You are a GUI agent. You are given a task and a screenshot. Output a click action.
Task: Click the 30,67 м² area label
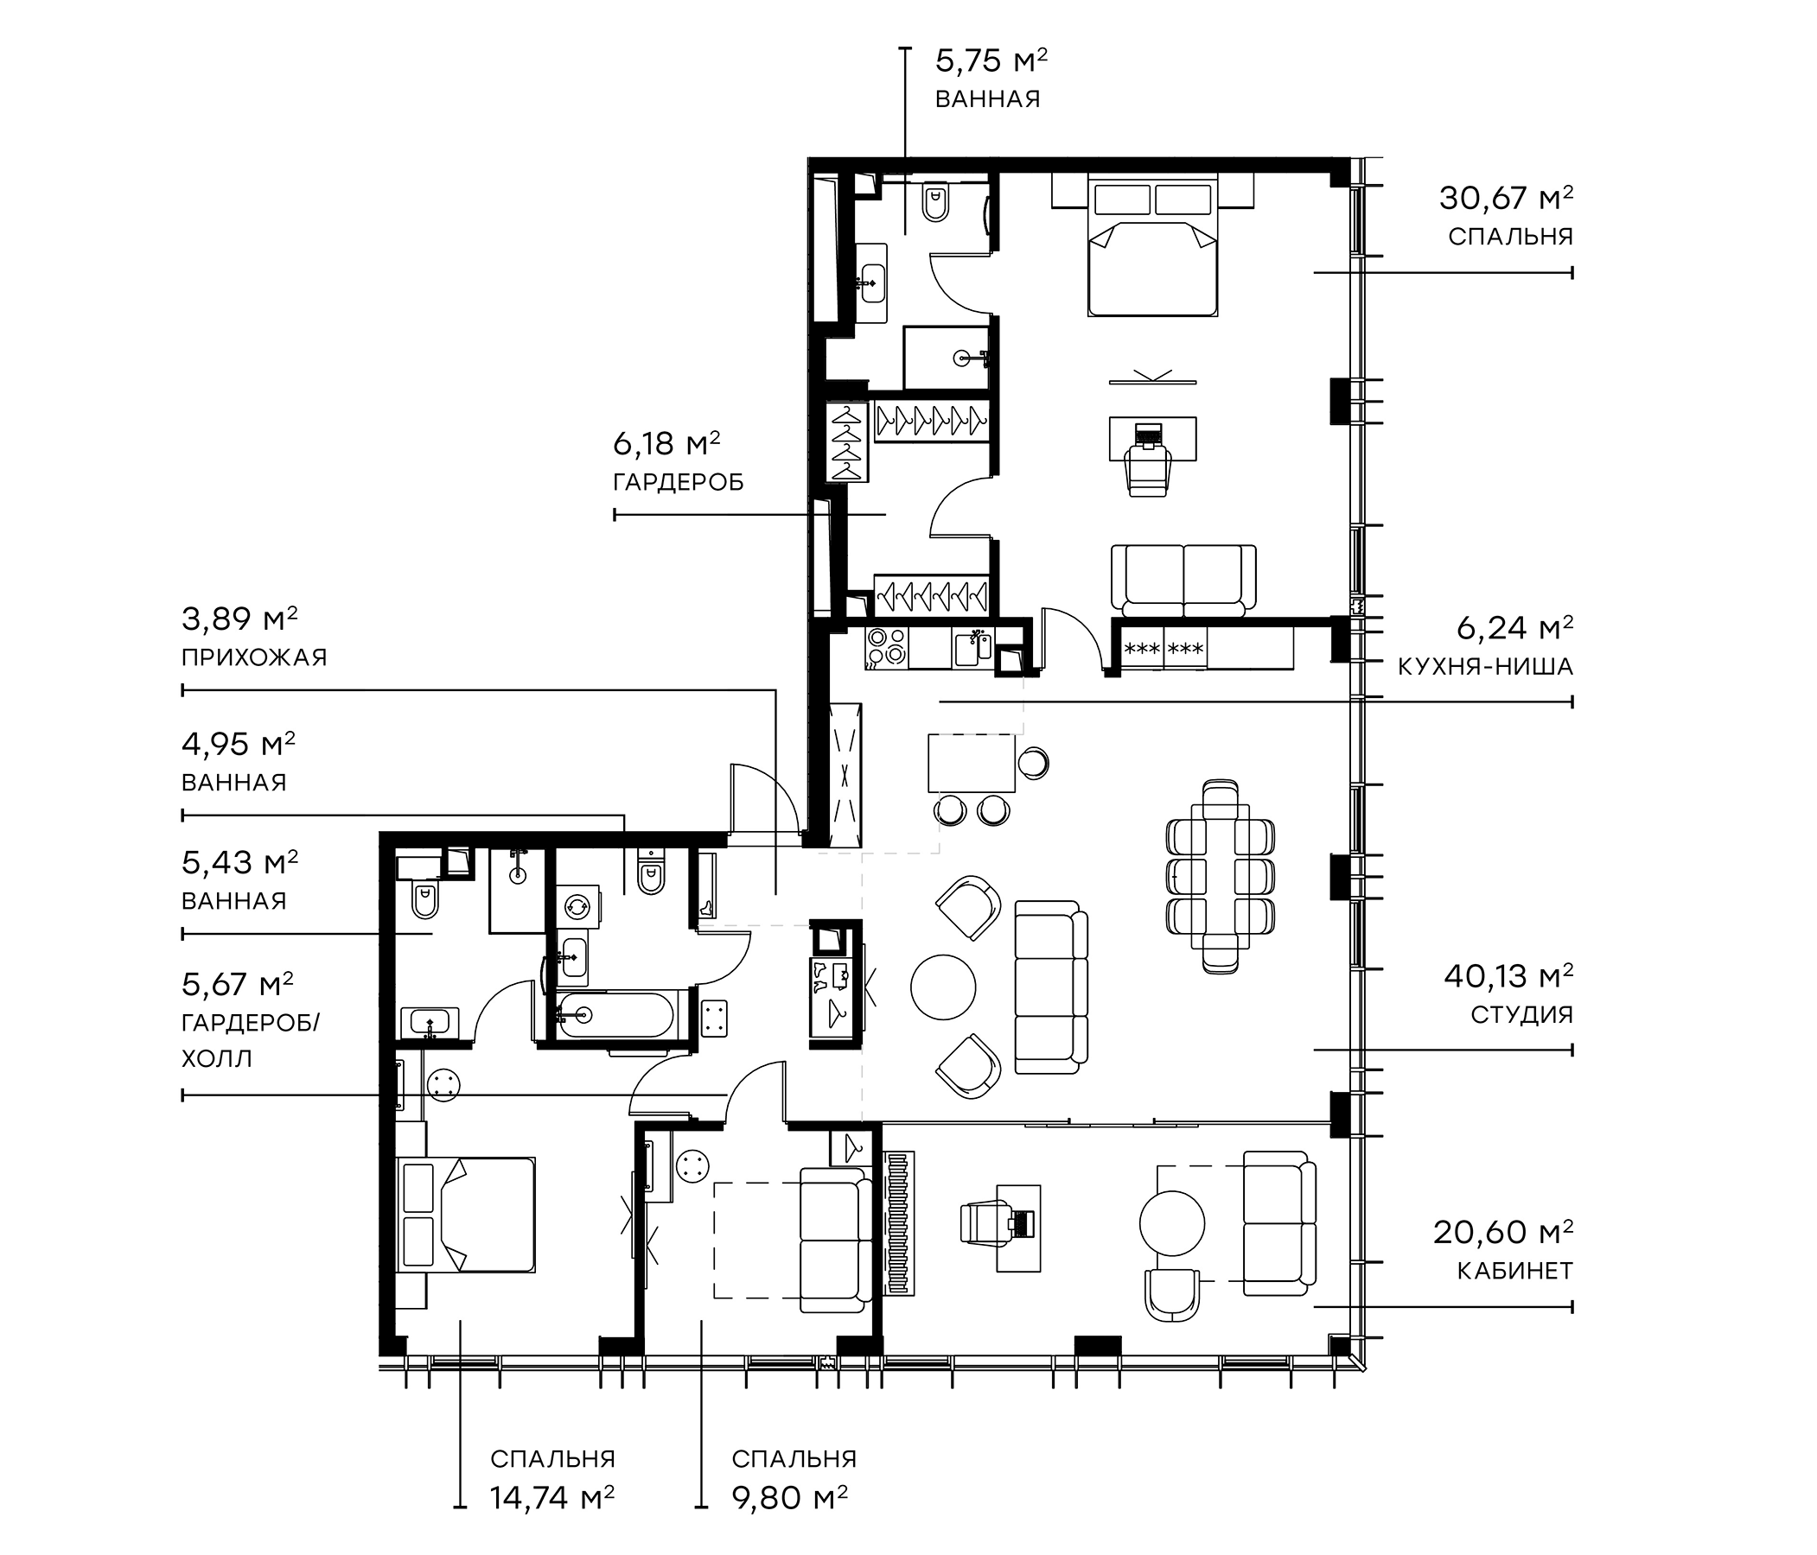point(1505,199)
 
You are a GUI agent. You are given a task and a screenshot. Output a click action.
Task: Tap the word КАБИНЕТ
point(1514,1271)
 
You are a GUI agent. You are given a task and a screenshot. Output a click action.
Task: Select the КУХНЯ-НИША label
point(1485,667)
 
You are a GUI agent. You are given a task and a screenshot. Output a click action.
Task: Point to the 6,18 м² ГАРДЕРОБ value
point(666,444)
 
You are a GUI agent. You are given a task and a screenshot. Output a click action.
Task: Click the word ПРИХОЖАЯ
point(253,657)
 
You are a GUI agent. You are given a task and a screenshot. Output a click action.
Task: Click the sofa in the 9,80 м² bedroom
point(833,1240)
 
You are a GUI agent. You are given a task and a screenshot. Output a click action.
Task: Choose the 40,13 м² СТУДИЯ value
point(1508,975)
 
